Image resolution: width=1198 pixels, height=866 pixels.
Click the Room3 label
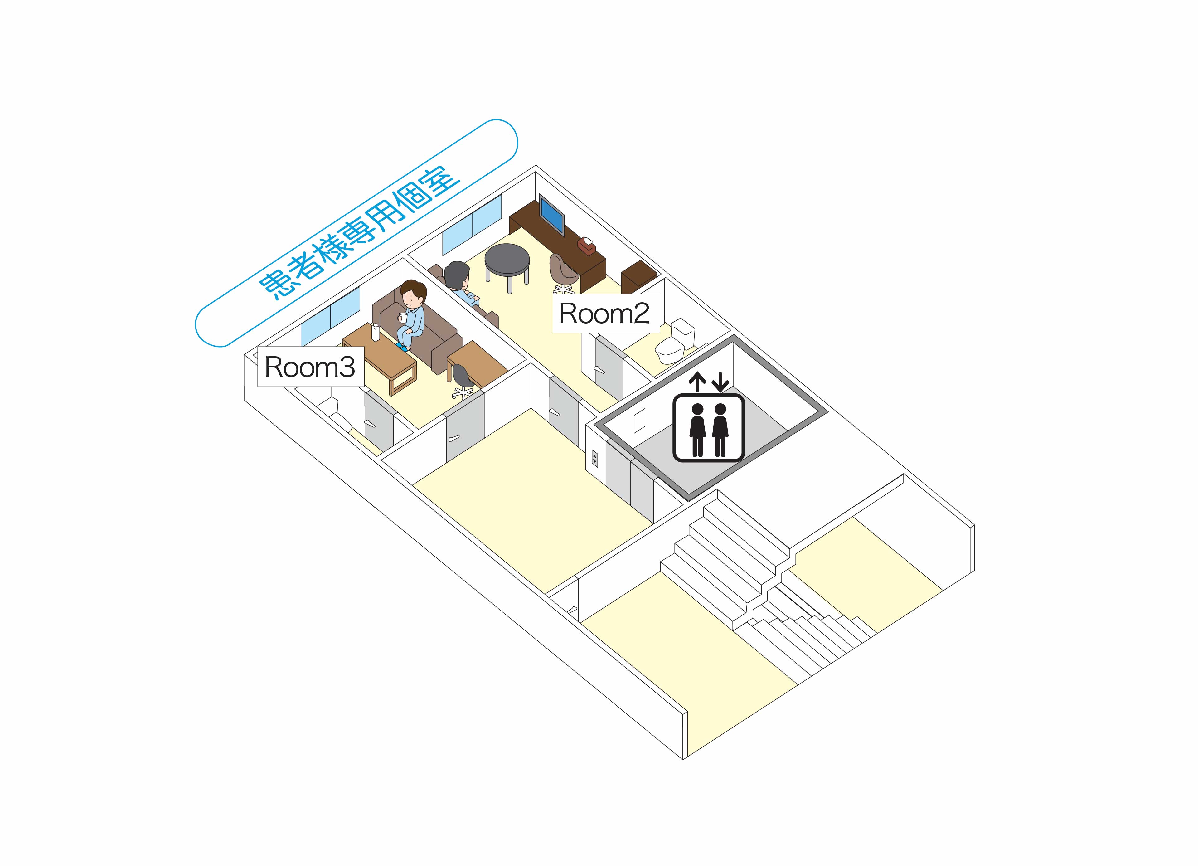tap(309, 367)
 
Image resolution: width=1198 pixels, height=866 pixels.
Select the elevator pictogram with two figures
tap(708, 428)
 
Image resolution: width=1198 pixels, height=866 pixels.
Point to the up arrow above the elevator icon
tap(698, 382)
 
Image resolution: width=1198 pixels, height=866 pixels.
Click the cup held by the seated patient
tap(403, 318)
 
